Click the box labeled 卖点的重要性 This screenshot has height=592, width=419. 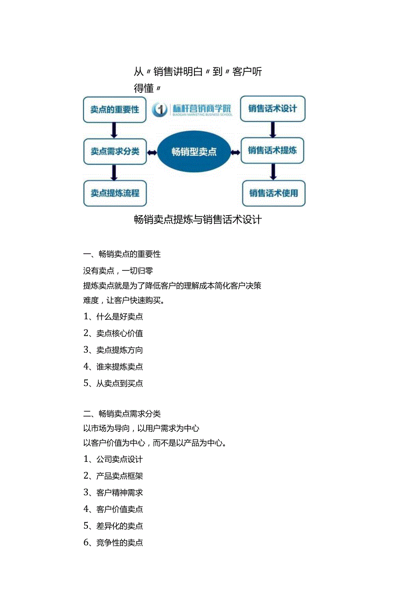pyautogui.click(x=115, y=110)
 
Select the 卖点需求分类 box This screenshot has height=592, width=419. pyautogui.click(x=115, y=152)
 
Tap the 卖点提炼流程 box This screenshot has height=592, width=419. pyautogui.click(x=115, y=193)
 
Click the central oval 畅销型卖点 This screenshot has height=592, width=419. pyautogui.click(x=194, y=152)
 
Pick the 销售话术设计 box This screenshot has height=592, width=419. pyautogui.click(x=272, y=109)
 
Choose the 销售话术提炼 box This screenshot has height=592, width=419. pyautogui.click(x=272, y=150)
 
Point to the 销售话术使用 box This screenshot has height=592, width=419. pyautogui.click(x=273, y=193)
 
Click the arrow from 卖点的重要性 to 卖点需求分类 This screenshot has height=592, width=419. pyautogui.click(x=114, y=131)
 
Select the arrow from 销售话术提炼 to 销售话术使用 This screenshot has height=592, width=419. pyautogui.click(x=273, y=172)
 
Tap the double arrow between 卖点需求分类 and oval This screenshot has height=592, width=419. pyautogui.click(x=152, y=152)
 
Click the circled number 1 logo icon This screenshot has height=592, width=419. pyautogui.click(x=160, y=110)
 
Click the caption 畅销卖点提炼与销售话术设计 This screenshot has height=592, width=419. pyautogui.click(x=198, y=220)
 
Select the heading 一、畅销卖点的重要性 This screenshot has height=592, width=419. pyautogui.click(x=122, y=254)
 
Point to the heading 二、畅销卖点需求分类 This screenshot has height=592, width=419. pyautogui.click(x=122, y=414)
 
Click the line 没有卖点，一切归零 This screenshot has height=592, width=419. pyautogui.click(x=118, y=271)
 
